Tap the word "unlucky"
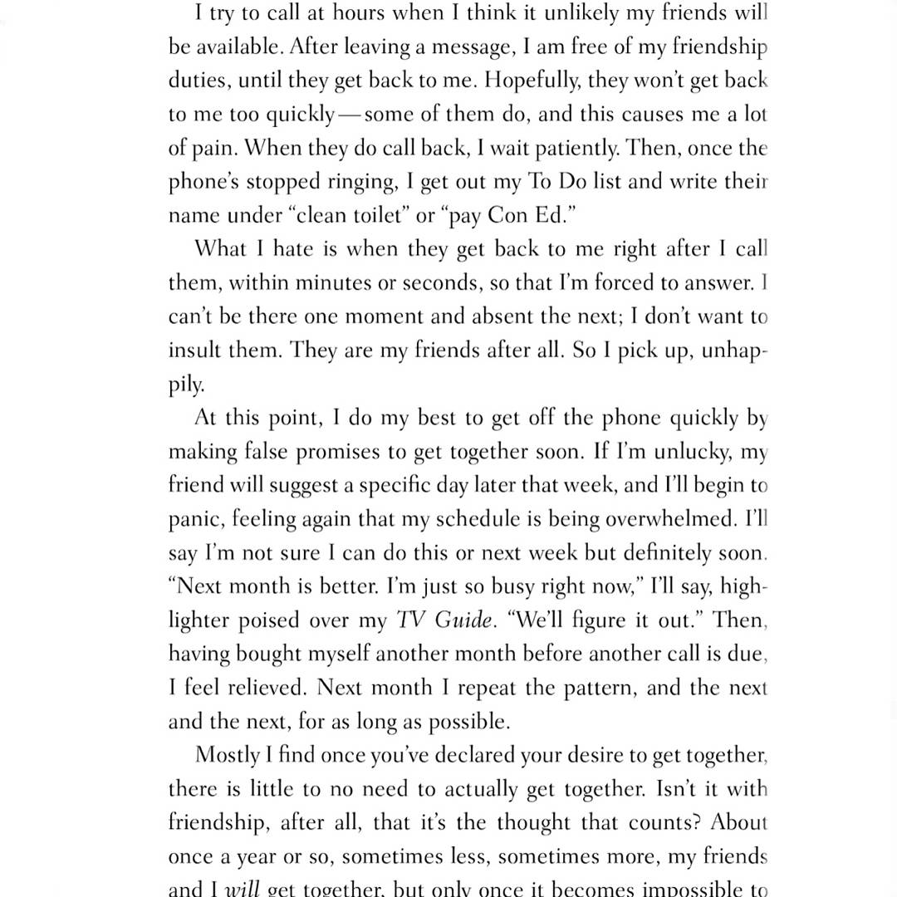(x=684, y=452)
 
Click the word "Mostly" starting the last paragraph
(x=223, y=755)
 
